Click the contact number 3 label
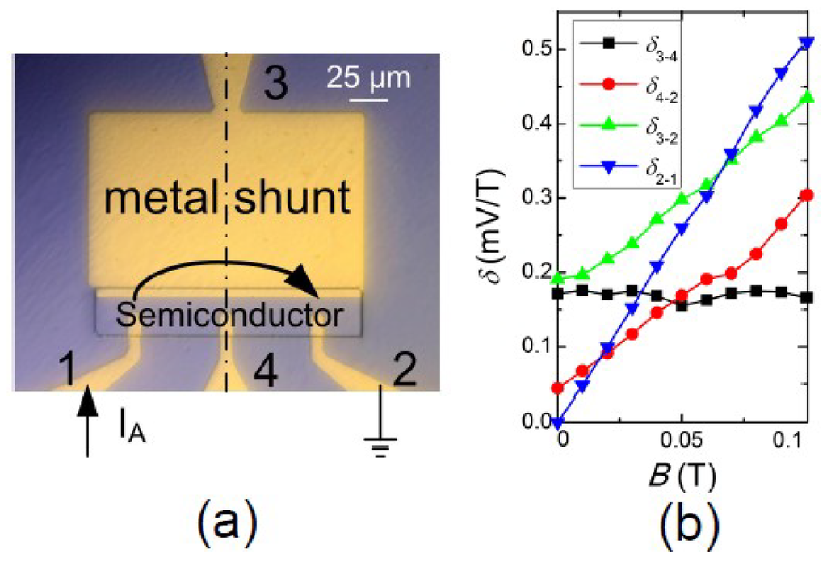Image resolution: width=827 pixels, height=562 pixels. click(276, 83)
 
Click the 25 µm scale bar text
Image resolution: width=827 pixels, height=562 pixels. click(368, 79)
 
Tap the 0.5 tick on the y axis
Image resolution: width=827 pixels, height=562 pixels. click(537, 50)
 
